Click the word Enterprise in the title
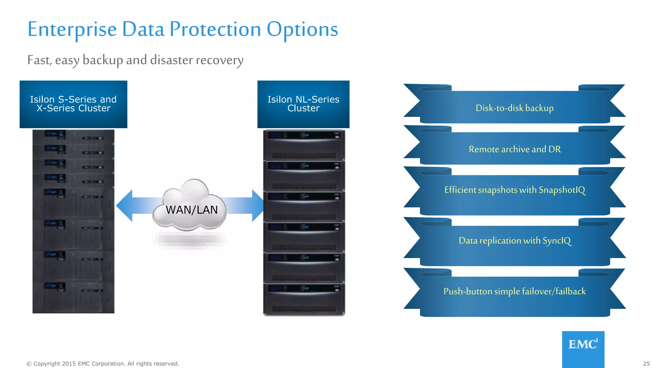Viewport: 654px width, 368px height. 72,29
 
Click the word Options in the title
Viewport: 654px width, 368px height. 302,29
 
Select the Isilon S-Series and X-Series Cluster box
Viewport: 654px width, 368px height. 73,104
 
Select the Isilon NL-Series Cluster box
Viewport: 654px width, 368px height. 303,104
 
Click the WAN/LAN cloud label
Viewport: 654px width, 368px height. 192,210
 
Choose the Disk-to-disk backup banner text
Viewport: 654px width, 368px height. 514,108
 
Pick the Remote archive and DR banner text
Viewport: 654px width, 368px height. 514,149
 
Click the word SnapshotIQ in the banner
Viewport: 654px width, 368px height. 562,190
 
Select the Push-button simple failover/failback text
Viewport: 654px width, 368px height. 514,291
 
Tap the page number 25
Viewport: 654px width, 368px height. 646,364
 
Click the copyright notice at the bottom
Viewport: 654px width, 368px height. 103,364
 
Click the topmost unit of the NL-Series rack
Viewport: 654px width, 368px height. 304,145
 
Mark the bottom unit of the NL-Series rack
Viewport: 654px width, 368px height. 304,299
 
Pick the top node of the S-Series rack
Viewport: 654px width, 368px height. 73,137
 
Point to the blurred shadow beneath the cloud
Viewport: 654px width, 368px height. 190,240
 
